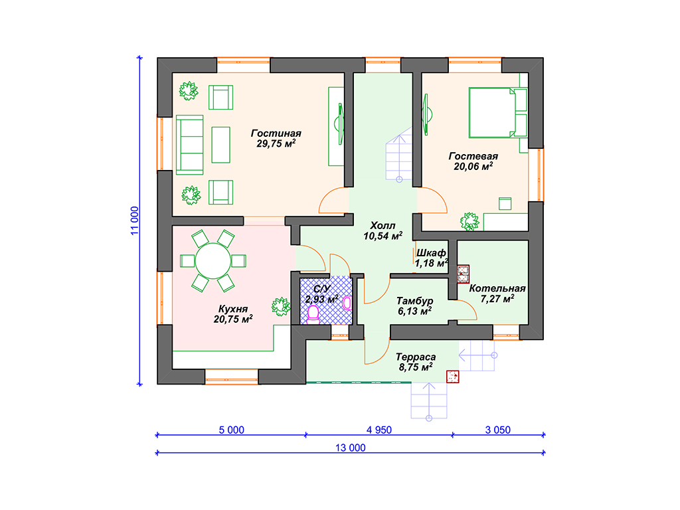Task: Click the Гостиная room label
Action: click(x=276, y=133)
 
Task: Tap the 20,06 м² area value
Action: click(x=473, y=166)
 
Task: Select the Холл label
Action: click(x=382, y=226)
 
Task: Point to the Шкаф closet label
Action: click(x=430, y=252)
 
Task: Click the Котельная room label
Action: click(x=497, y=288)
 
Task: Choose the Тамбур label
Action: click(x=414, y=301)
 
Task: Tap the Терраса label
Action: click(x=416, y=357)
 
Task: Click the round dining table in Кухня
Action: click(x=213, y=260)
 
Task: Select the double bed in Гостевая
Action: click(x=498, y=113)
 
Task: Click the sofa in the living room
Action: click(x=189, y=145)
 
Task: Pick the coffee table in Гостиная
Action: click(x=220, y=145)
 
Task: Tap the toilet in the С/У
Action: click(x=313, y=315)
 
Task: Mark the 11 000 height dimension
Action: click(x=135, y=220)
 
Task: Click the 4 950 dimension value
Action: click(x=379, y=430)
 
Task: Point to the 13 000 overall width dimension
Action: click(x=351, y=448)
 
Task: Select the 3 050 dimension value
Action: click(x=498, y=430)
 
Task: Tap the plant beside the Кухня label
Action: click(x=281, y=307)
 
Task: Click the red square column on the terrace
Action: click(x=453, y=377)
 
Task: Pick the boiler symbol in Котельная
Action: click(x=463, y=274)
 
